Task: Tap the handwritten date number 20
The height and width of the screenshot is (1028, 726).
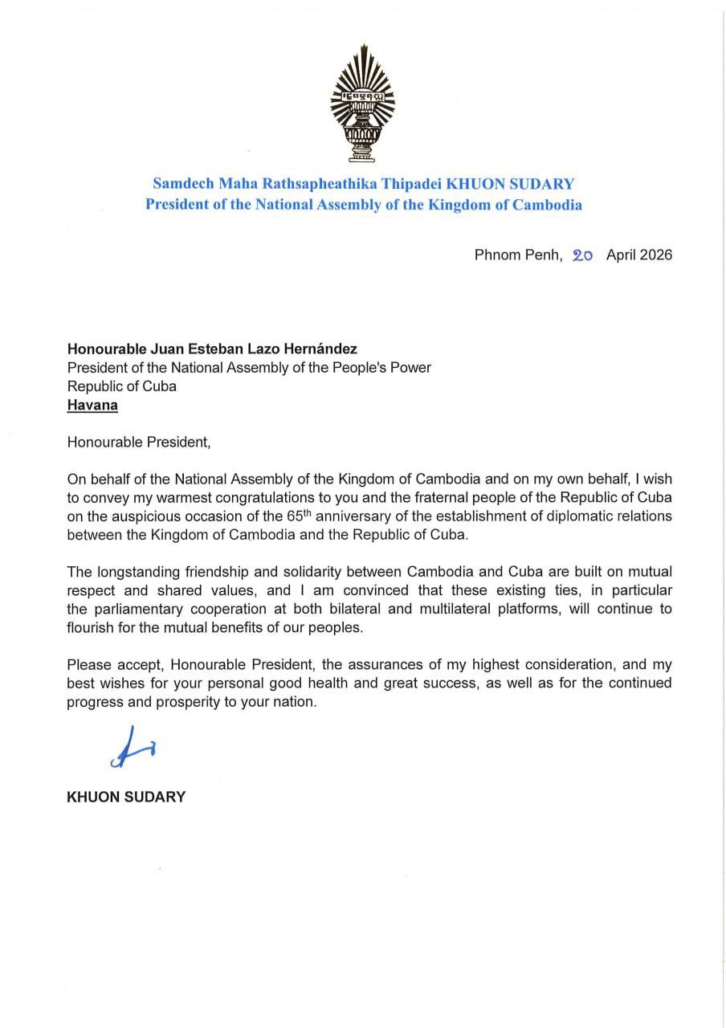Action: pyautogui.click(x=583, y=255)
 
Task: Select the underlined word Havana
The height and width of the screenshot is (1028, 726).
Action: pyautogui.click(x=92, y=405)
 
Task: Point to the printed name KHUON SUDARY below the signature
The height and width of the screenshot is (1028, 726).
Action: pyautogui.click(x=126, y=798)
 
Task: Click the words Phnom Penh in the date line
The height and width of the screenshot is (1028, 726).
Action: pyautogui.click(x=518, y=255)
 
